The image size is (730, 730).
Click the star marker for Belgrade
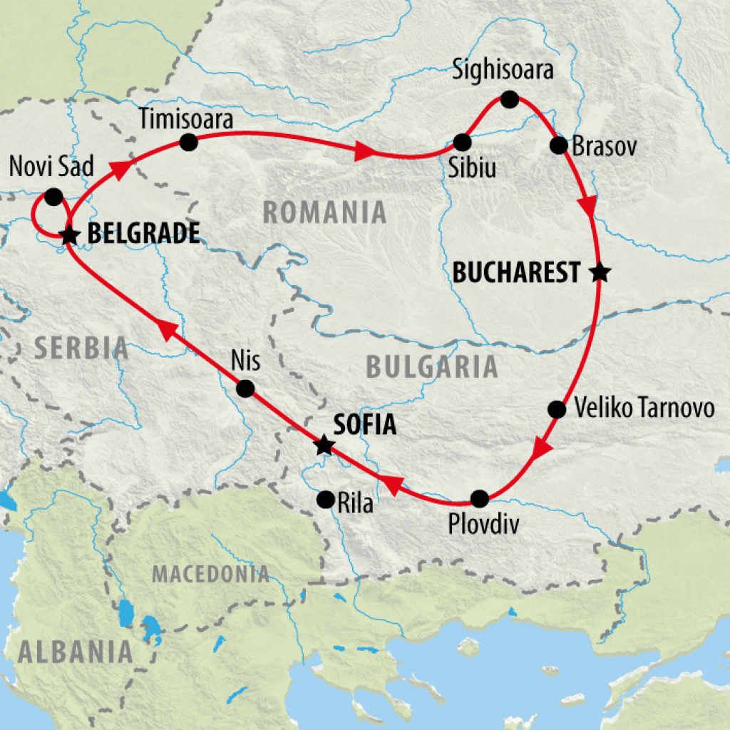pos(68,235)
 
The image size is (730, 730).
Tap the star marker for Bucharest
pos(600,272)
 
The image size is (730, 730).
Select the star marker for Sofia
pos(324,446)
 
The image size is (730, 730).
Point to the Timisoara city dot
pos(188,143)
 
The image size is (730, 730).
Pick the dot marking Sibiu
pos(463,141)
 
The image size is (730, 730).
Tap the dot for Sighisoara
pos(509,99)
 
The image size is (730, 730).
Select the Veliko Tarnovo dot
pos(557,409)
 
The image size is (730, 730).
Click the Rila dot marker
pos(326,499)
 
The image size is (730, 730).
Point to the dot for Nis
pos(245,389)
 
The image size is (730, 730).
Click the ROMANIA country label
pos(324,212)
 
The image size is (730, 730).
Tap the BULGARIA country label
pos(431,366)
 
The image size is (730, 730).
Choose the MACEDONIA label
pos(211,574)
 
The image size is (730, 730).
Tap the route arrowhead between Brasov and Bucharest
pos(588,206)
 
